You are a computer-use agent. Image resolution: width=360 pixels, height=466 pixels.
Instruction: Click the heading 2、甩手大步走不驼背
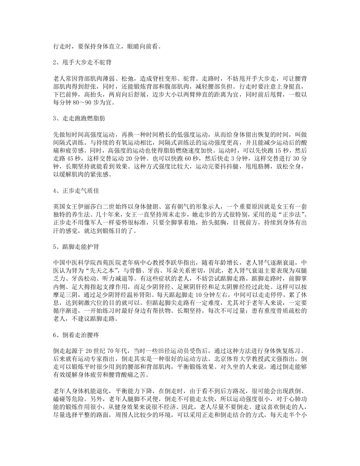pos(80,63)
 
